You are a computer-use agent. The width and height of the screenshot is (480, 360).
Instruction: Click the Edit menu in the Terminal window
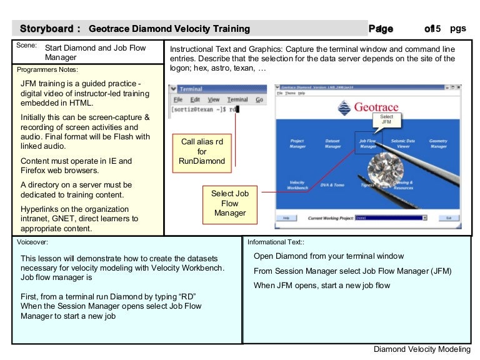(196, 99)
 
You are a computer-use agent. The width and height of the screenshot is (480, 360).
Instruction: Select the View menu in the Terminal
(214, 99)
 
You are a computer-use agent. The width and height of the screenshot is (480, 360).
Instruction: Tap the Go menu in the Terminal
(259, 99)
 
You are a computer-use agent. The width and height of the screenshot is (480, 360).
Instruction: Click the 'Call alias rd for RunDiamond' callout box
(201, 152)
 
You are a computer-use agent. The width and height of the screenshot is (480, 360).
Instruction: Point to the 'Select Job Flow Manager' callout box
(229, 204)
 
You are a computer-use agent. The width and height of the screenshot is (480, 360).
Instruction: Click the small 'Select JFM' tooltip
(386, 119)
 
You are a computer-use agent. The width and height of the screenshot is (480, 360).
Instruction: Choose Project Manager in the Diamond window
(297, 144)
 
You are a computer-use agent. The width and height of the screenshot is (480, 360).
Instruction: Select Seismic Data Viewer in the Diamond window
(402, 144)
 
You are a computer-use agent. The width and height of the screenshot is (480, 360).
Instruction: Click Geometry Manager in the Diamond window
(438, 144)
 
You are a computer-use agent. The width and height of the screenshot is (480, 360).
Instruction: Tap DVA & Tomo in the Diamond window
(332, 185)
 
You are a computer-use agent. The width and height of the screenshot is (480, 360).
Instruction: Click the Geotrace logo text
(375, 107)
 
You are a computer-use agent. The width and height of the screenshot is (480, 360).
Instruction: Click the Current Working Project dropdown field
(390, 218)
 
